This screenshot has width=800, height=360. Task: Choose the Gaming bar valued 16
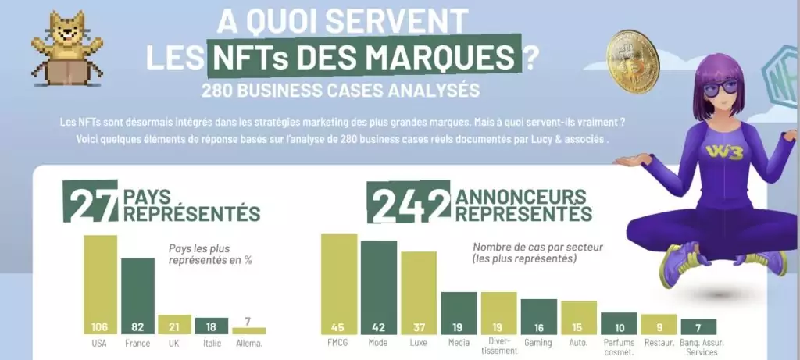point(539,316)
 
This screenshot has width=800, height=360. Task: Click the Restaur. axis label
point(658,342)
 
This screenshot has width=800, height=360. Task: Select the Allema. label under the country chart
point(249,342)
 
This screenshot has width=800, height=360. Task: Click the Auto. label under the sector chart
point(579,342)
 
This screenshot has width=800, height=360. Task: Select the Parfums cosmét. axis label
point(619,347)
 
